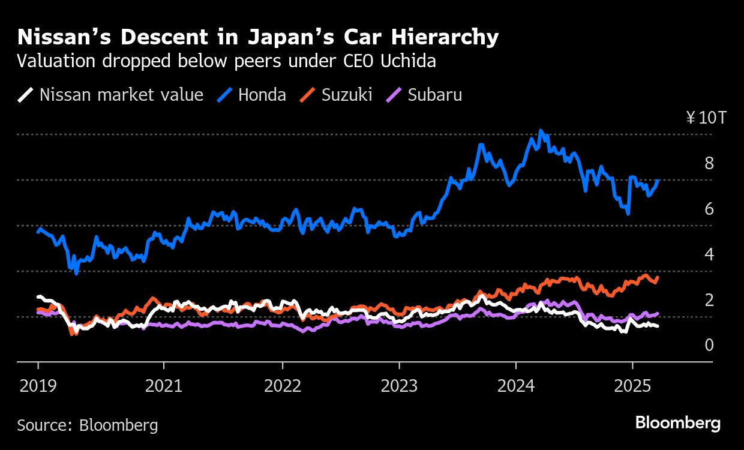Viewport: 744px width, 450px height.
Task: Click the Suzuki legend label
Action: [347, 95]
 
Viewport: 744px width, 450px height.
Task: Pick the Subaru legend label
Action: [434, 95]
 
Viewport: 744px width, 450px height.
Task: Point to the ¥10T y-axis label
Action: [706, 118]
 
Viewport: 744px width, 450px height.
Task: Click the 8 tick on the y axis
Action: [709, 163]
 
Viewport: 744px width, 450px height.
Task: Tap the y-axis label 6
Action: [709, 209]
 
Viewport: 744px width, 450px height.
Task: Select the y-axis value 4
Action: [709, 254]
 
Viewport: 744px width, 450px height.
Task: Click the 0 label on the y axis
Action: [709, 345]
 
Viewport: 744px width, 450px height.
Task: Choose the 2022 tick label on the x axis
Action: [282, 386]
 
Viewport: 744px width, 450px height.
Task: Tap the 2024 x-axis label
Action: [516, 386]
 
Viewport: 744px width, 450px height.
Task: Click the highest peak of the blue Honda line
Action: [541, 130]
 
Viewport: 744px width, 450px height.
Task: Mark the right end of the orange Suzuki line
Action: [658, 277]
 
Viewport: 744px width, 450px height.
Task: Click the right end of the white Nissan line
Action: [658, 326]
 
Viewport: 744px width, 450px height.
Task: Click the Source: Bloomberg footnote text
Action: [88, 425]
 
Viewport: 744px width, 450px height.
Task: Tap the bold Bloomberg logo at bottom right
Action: [677, 423]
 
